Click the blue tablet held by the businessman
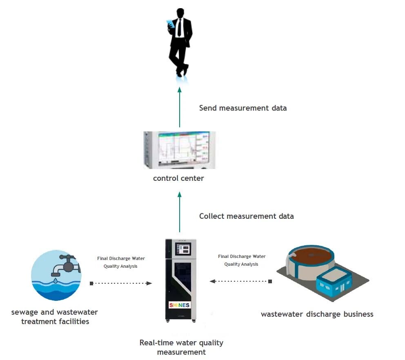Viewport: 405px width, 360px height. point(171,24)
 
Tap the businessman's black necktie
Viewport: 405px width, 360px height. point(179,27)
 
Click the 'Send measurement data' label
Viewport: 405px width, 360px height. point(243,108)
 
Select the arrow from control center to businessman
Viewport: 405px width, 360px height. point(180,107)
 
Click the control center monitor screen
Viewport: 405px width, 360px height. point(183,149)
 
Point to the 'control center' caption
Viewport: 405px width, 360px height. point(178,178)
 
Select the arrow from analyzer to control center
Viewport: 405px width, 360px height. point(180,212)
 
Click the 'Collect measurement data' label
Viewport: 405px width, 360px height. point(247,216)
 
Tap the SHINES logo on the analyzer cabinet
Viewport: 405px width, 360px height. point(180,305)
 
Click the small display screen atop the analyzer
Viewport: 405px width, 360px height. point(183,249)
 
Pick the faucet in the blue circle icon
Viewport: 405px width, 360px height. point(66,265)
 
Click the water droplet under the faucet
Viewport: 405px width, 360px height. point(56,280)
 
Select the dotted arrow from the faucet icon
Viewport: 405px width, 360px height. point(121,283)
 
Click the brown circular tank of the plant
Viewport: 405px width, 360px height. point(311,256)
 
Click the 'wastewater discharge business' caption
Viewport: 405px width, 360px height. point(317,314)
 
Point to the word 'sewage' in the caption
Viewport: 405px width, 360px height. point(25,313)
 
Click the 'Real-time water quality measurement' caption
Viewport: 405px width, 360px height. point(181,347)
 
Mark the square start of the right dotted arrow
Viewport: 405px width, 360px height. point(270,281)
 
